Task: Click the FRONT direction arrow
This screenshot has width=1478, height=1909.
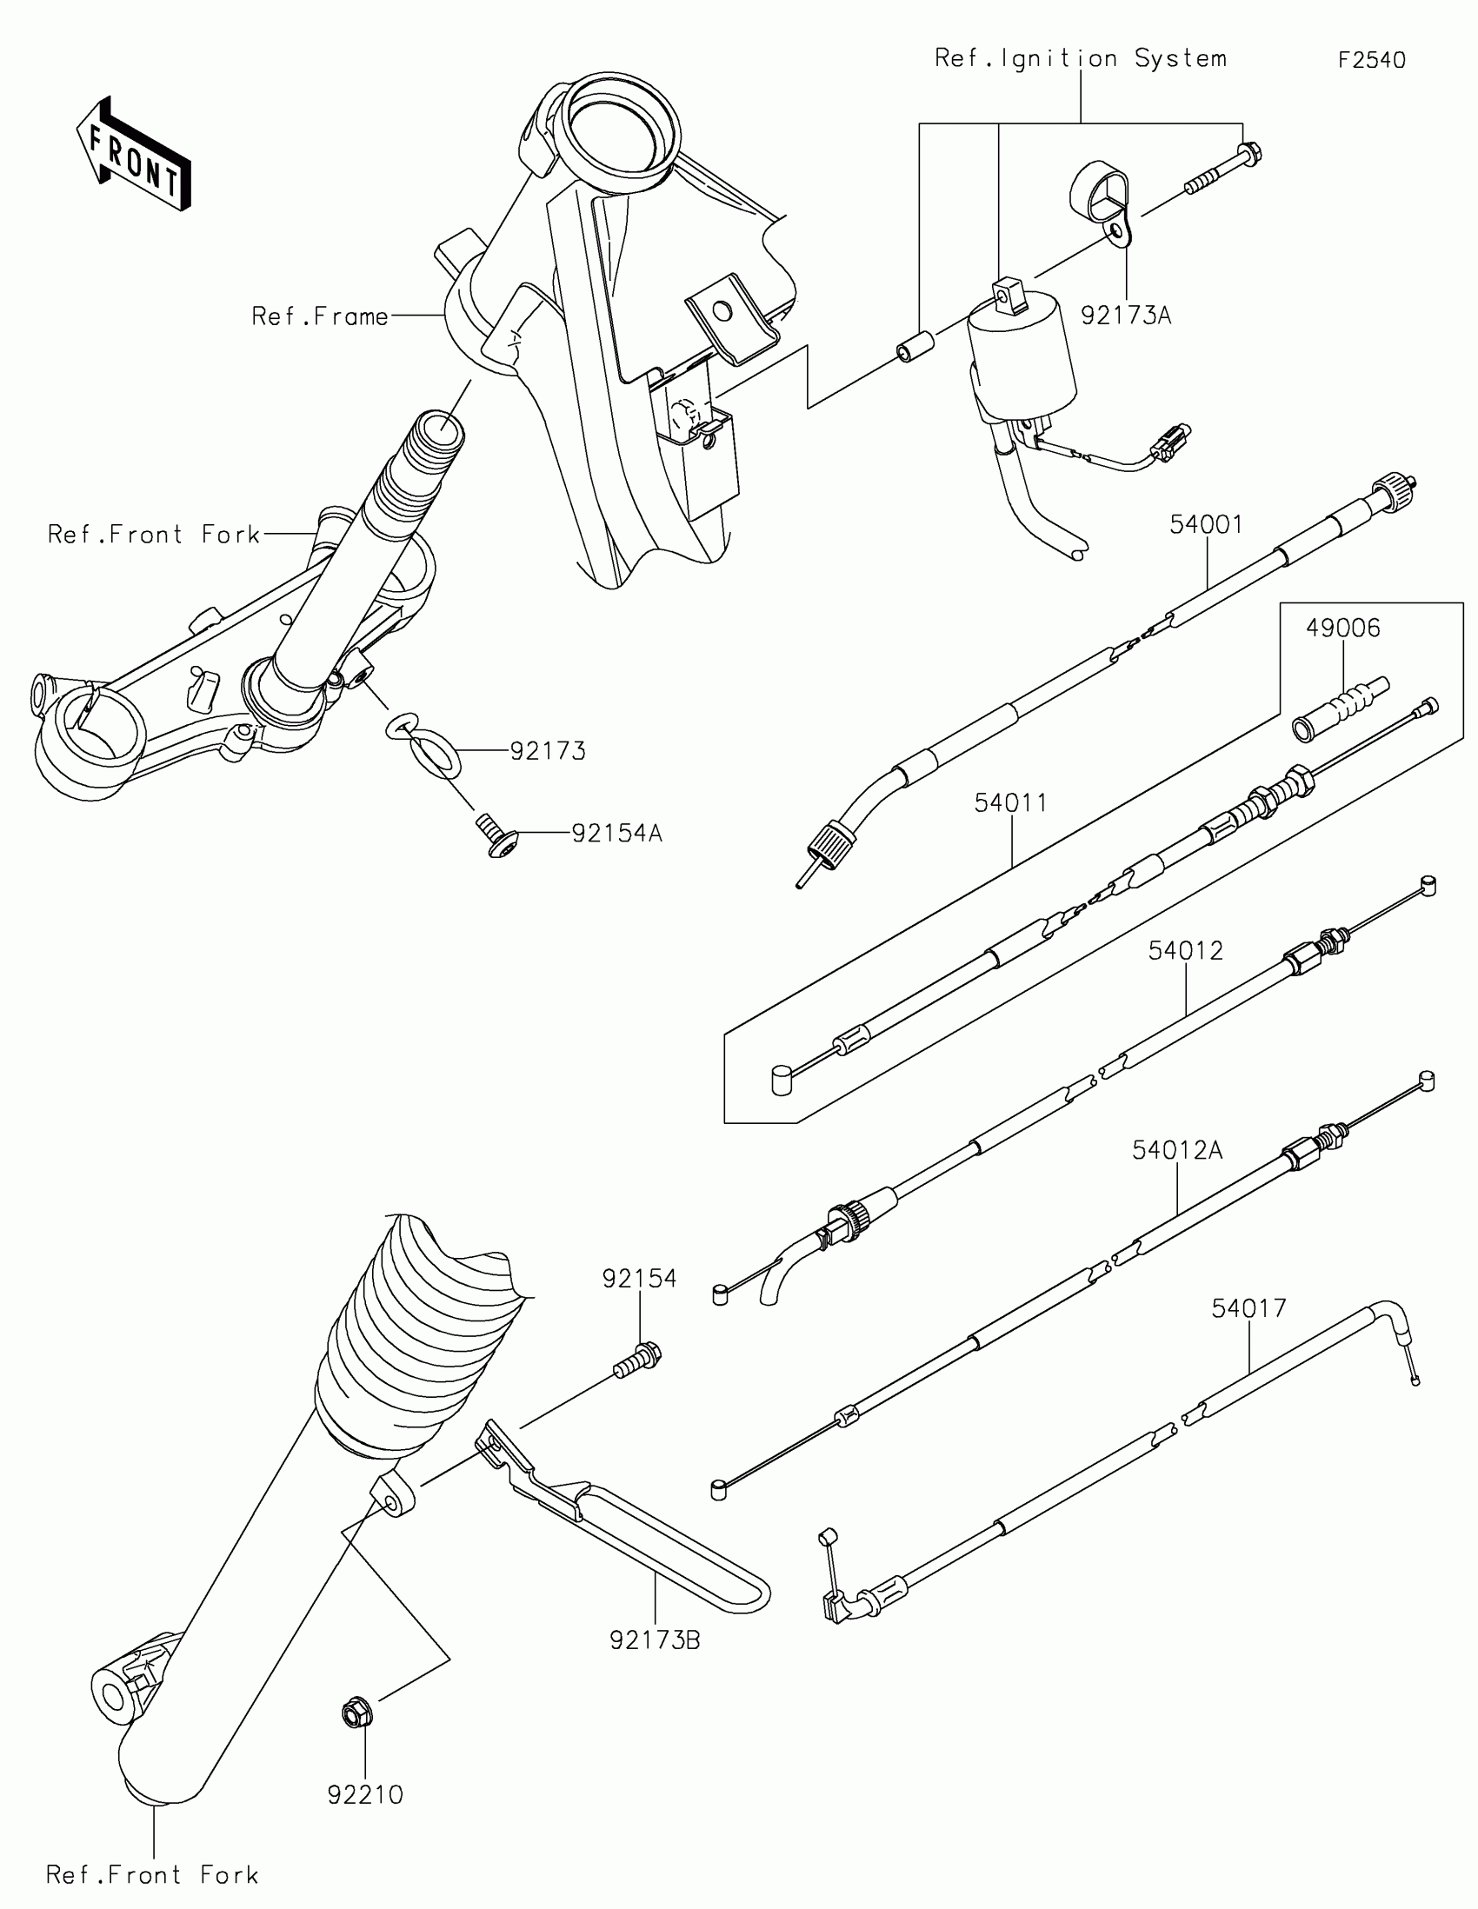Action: tap(134, 155)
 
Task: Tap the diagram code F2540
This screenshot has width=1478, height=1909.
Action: tap(1371, 60)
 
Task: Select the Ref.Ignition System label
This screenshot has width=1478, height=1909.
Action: tap(1081, 58)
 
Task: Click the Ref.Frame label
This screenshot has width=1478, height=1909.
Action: tap(320, 316)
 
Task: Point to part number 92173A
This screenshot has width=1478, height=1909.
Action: tap(1126, 316)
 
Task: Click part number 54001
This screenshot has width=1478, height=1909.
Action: tap(1206, 524)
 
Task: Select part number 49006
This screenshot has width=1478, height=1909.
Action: tap(1343, 628)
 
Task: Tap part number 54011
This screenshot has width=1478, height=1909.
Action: tap(1011, 802)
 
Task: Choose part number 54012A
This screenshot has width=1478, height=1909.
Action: tap(1177, 1150)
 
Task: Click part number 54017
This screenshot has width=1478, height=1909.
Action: tap(1249, 1308)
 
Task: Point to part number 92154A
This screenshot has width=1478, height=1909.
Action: tap(617, 834)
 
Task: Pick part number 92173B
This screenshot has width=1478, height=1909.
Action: tap(656, 1640)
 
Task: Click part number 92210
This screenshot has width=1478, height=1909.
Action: tap(365, 1794)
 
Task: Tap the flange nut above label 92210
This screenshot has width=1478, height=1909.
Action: tap(356, 1713)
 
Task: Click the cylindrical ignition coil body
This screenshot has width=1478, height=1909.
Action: tap(1022, 349)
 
